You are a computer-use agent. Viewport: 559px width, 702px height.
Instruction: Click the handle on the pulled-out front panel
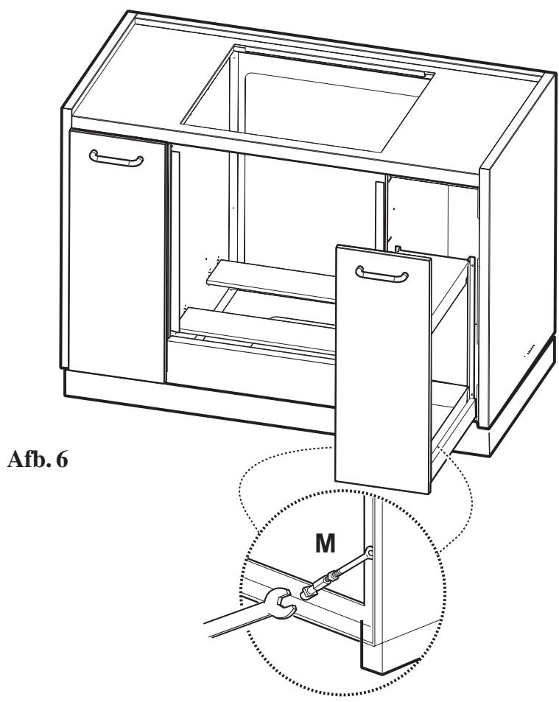pyautogui.click(x=381, y=273)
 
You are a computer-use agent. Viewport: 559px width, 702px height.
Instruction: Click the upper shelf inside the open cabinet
pyautogui.click(x=273, y=281)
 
